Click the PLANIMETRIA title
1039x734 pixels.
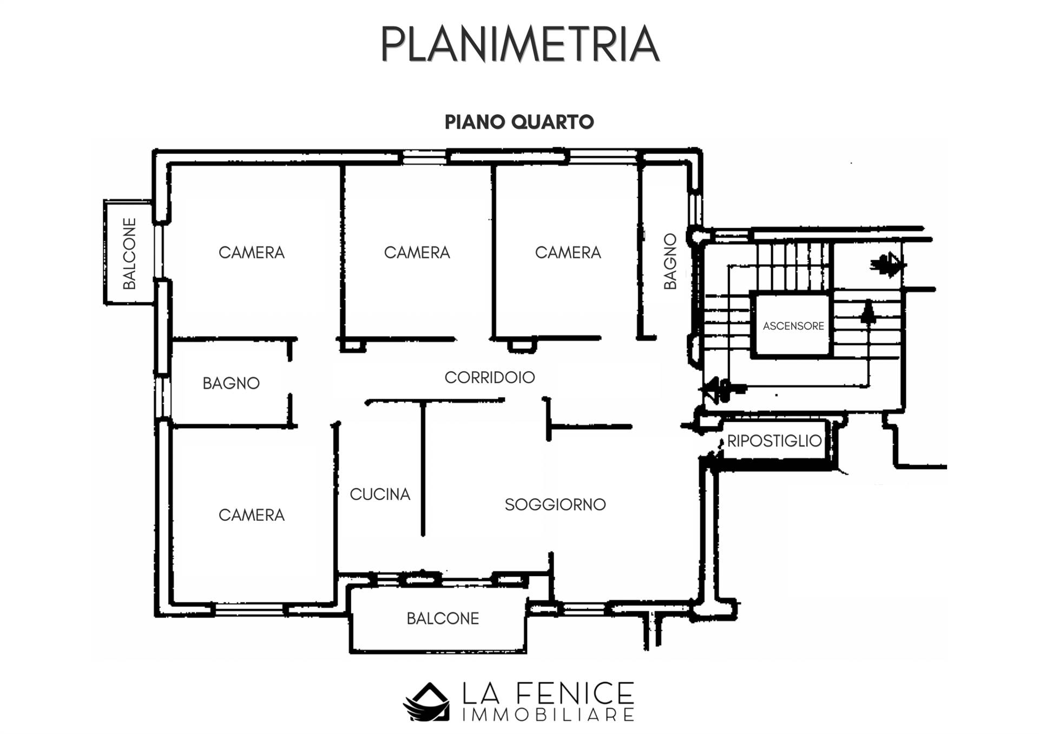(520, 44)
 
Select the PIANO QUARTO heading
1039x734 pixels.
(519, 122)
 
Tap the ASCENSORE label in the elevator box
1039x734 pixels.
(793, 326)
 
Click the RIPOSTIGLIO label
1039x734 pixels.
(774, 441)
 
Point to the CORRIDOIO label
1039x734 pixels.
(490, 378)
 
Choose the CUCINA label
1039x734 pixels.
(380, 494)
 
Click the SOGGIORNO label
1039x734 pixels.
(555, 505)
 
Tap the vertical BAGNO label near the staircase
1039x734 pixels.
(670, 261)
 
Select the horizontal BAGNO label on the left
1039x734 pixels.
(231, 383)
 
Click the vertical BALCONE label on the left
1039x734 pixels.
(129, 254)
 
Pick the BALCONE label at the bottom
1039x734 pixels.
(443, 618)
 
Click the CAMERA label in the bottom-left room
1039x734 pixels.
(252, 515)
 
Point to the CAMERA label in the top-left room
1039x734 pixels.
(252, 253)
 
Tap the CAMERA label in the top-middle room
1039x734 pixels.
(417, 253)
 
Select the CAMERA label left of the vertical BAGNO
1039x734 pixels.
(568, 253)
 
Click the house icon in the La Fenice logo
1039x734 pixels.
(427, 702)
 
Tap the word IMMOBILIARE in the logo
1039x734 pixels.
(548, 715)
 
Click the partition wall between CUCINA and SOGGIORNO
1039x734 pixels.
(423, 468)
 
